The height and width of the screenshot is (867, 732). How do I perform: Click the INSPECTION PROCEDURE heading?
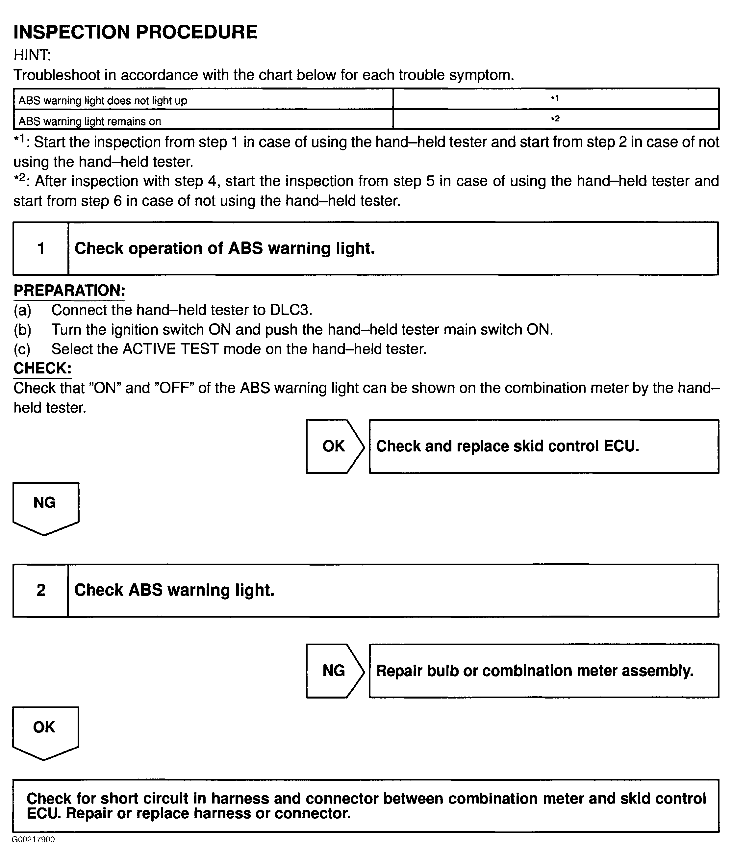135,32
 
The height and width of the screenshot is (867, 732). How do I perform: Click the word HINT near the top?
32,55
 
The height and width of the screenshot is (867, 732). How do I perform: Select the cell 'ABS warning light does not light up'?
103,100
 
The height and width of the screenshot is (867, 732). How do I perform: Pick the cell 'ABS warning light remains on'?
89,121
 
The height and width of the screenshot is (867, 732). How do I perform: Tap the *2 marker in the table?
555,119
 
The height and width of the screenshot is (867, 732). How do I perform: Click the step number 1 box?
41,248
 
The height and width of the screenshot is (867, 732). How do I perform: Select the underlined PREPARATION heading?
69,290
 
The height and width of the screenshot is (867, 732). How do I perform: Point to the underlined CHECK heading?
42,368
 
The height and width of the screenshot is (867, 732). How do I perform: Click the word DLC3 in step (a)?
290,310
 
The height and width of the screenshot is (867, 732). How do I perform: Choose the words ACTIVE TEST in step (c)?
170,349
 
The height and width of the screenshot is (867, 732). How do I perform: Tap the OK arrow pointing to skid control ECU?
334,446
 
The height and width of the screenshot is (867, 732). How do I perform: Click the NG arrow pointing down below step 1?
45,505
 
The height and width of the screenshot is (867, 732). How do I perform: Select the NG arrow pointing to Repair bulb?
334,671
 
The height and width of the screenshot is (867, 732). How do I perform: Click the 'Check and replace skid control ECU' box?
543,446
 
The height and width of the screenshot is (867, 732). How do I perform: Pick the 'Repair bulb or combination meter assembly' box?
543,671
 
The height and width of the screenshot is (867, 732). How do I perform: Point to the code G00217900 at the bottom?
33,840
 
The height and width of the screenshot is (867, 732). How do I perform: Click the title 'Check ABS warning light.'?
174,590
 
